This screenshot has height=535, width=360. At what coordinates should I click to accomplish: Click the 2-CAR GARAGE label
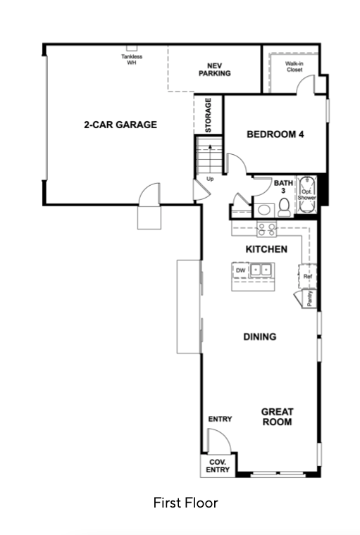pyautogui.click(x=120, y=125)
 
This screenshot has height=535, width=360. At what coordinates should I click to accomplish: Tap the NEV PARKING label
pyautogui.click(x=214, y=69)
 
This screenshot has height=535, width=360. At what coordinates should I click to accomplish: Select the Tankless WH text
pyautogui.click(x=132, y=59)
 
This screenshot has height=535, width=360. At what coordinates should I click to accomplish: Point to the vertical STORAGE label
pyautogui.click(x=209, y=115)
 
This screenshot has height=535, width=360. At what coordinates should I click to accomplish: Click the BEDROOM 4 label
pyautogui.click(x=275, y=134)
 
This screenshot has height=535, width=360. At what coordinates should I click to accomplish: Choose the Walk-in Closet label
pyautogui.click(x=294, y=67)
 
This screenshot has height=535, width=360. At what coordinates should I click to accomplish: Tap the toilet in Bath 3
pyautogui.click(x=284, y=208)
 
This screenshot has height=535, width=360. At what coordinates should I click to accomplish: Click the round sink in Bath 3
pyautogui.click(x=263, y=210)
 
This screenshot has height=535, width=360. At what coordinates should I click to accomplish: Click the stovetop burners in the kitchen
pyautogui.click(x=267, y=229)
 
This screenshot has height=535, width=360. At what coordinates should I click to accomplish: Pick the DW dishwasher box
pyautogui.click(x=241, y=270)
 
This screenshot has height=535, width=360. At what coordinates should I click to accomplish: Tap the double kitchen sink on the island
pyautogui.click(x=261, y=270)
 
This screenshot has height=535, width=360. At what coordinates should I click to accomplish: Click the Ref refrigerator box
pyautogui.click(x=307, y=276)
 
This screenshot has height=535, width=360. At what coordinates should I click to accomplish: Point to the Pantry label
pyautogui.click(x=310, y=298)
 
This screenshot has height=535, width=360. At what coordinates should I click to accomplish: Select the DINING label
pyautogui.click(x=260, y=336)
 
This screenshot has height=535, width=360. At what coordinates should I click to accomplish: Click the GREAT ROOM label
pyautogui.click(x=277, y=417)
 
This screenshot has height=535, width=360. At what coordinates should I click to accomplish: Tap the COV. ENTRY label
pyautogui.click(x=218, y=466)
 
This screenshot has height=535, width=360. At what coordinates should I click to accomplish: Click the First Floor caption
pyautogui.click(x=185, y=503)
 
